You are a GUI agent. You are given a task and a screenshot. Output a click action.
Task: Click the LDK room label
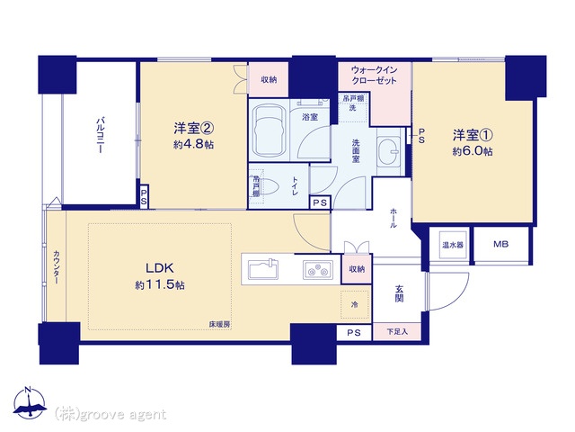[x=160, y=268]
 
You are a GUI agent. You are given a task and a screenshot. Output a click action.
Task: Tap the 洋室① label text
[x=473, y=135]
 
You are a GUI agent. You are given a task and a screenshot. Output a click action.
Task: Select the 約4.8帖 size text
[x=194, y=144]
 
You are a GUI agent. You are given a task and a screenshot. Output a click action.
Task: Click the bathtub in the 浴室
[x=270, y=131]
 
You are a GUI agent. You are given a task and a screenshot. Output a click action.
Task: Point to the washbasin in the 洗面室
[x=389, y=151]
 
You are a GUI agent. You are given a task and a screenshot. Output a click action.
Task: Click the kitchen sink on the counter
[x=263, y=269]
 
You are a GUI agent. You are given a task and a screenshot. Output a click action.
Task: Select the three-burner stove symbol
[x=318, y=270]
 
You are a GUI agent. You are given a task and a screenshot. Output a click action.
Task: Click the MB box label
[x=500, y=244]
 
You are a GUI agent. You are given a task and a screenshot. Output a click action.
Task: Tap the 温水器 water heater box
[x=453, y=245]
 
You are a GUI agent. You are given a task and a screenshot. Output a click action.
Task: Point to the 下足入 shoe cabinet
[x=397, y=332]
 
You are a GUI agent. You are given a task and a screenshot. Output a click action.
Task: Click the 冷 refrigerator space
[x=355, y=304]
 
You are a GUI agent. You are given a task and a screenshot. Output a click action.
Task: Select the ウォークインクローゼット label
[x=374, y=76]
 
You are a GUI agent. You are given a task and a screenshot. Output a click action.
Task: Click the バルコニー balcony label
[x=100, y=135]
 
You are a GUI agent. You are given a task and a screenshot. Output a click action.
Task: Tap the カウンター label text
[x=56, y=267]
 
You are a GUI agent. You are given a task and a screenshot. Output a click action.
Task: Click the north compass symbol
[x=30, y=403]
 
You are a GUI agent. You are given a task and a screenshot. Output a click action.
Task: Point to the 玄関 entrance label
[x=399, y=293]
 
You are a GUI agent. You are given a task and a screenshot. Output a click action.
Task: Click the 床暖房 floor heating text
[x=219, y=324]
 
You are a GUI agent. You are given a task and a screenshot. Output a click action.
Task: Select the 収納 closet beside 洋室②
[x=269, y=79]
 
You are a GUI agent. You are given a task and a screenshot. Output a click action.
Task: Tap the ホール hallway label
[x=394, y=218]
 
